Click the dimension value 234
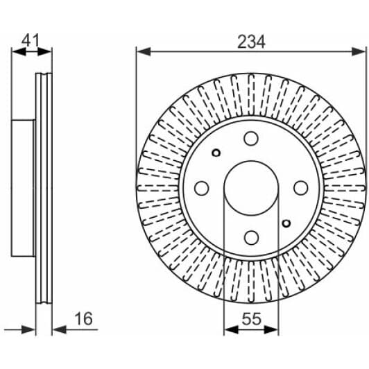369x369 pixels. (x=251, y=41)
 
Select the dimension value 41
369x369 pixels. (x=28, y=40)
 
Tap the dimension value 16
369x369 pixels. (x=83, y=319)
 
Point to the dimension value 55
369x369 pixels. (x=250, y=320)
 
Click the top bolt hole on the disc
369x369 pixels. (x=250, y=139)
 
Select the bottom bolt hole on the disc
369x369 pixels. (x=250, y=238)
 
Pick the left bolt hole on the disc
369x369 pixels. (x=201, y=188)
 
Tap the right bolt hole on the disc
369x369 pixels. (x=300, y=188)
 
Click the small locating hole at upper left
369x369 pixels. (x=216, y=153)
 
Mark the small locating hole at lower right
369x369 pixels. (x=286, y=223)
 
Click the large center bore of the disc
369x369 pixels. (x=250, y=188)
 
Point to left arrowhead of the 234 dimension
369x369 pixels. (x=141, y=51)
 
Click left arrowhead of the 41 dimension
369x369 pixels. (x=16, y=51)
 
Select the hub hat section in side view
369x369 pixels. (x=24, y=188)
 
